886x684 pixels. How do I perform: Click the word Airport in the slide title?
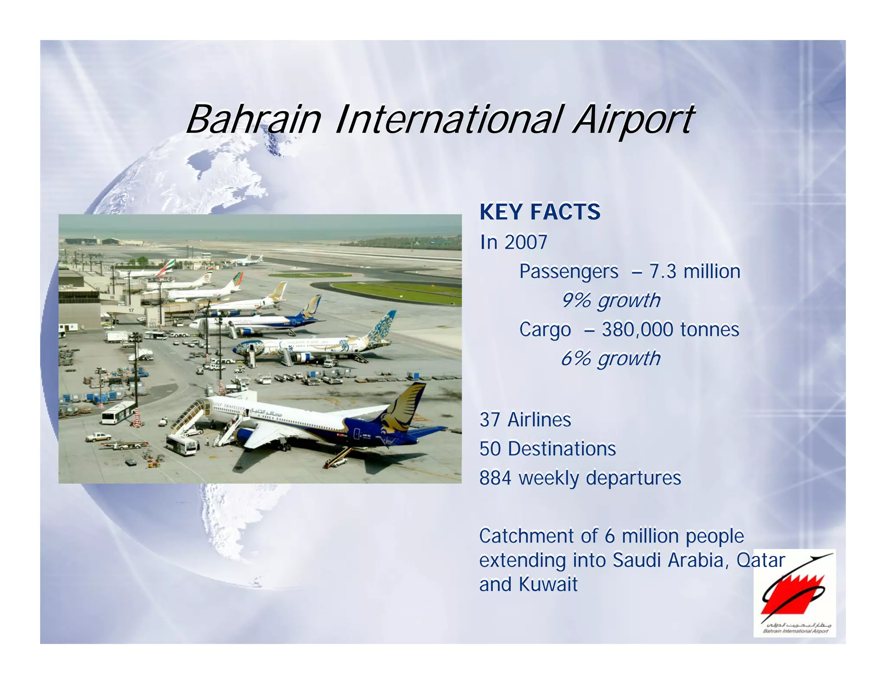tap(634, 119)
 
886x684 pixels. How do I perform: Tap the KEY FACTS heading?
tap(539, 212)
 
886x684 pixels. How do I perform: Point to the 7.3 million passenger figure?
tap(694, 272)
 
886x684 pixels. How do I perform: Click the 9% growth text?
tap(610, 300)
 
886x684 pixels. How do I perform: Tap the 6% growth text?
tap(610, 359)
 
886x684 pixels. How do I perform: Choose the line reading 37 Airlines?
tap(525, 420)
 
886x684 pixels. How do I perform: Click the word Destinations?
tap(562, 449)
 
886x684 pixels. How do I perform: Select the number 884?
tap(495, 478)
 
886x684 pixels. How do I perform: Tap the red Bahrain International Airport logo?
tap(794, 593)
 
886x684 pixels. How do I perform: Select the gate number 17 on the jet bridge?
tap(131, 310)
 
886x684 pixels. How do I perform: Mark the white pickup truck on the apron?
tap(98, 437)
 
